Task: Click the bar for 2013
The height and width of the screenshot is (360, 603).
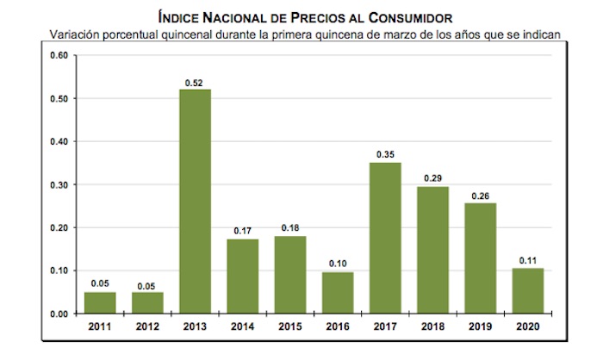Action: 195,202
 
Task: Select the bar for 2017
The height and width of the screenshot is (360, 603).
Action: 386,238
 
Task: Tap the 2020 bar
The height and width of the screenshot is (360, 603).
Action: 529,290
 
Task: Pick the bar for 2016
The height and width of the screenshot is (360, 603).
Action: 338,293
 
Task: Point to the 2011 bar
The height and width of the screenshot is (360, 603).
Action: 100,302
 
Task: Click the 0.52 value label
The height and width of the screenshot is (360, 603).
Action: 195,82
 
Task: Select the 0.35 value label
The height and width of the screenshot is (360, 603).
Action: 386,155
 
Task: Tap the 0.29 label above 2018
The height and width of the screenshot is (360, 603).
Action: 433,179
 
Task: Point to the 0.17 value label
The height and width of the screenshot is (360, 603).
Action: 243,231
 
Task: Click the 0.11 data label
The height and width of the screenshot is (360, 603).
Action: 529,260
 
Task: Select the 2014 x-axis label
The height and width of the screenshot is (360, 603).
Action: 243,327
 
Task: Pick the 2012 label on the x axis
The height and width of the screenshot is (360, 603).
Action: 147,327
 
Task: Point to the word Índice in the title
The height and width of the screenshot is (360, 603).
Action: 180,17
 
